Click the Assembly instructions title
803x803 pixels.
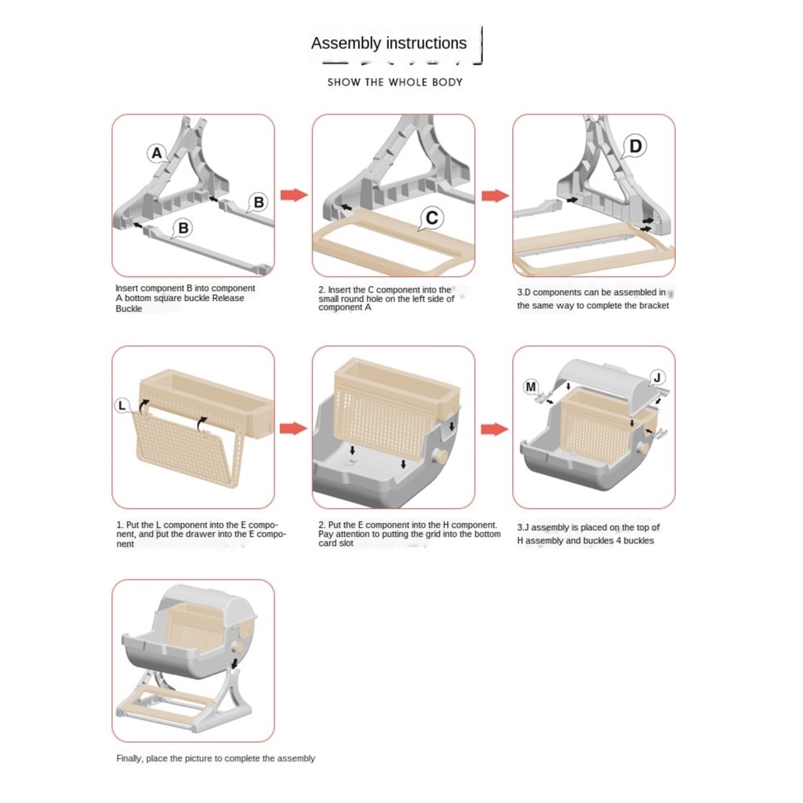point(389,43)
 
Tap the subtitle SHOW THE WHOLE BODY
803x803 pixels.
point(395,82)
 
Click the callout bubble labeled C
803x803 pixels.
point(431,217)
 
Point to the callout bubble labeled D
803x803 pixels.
point(636,146)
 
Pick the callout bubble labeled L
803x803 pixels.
point(123,405)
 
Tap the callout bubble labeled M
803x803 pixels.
point(532,386)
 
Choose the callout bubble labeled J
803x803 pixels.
point(658,378)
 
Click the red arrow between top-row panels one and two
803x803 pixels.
point(294,195)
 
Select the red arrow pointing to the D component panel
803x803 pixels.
point(495,195)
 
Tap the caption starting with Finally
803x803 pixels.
point(216,758)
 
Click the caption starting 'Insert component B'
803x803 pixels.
point(185,298)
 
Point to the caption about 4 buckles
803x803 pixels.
point(588,534)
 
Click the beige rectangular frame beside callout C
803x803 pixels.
point(392,243)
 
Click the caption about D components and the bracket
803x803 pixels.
point(593,299)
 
